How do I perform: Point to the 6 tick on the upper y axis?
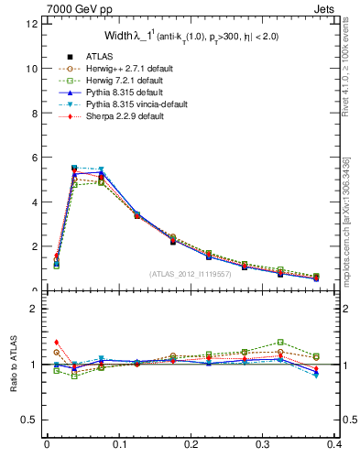tap(34, 158)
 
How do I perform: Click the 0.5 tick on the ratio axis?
tap(30, 420)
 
